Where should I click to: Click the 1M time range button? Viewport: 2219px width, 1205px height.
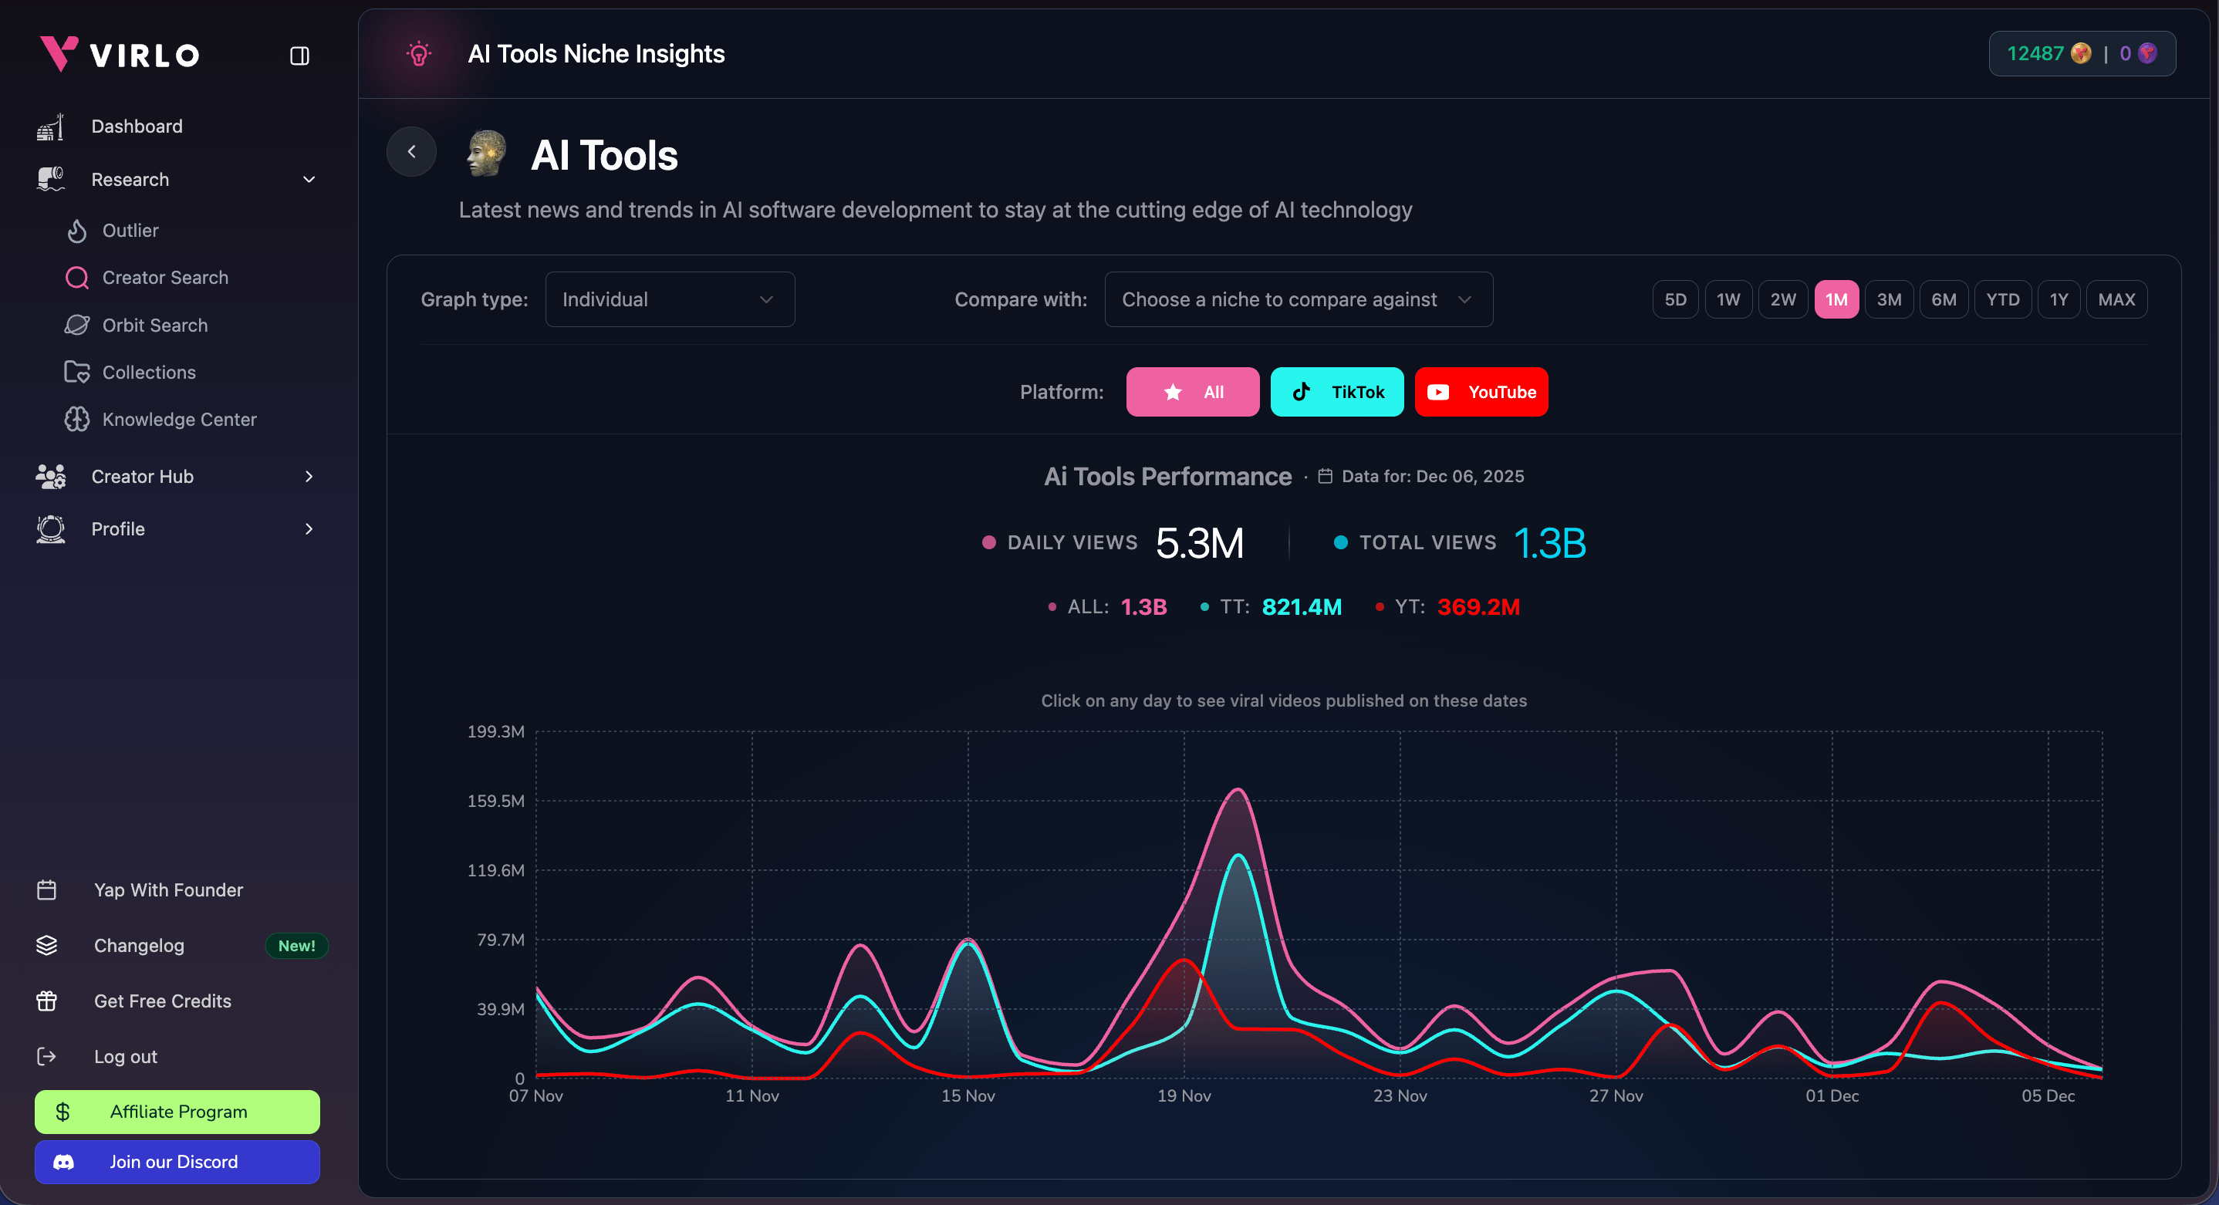click(1836, 300)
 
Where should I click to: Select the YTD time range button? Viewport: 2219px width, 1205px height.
click(2002, 300)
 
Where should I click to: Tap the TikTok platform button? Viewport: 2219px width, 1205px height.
click(1336, 392)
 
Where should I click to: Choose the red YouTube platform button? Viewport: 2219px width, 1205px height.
click(1481, 392)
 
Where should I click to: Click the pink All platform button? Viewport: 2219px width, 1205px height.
click(1192, 392)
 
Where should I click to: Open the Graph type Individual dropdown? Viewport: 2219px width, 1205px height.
click(669, 300)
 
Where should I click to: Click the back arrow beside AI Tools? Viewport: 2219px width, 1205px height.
click(412, 152)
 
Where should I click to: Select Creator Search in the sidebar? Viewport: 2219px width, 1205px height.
click(164, 278)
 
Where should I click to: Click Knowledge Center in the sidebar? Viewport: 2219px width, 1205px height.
click(179, 420)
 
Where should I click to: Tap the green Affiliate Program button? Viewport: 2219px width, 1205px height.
click(177, 1112)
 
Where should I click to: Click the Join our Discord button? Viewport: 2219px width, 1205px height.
click(177, 1162)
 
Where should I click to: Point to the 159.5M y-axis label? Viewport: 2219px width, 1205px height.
click(495, 801)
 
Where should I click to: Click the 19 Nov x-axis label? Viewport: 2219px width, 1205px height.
click(1184, 1095)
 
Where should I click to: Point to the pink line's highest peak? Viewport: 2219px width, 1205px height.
click(1238, 789)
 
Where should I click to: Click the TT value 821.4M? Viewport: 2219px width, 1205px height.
click(1301, 607)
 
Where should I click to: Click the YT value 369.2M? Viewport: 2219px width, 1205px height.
click(1478, 607)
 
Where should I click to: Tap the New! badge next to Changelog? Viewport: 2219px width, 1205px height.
click(296, 946)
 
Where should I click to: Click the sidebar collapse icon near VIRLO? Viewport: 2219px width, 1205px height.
click(300, 56)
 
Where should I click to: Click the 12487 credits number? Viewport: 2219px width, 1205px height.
click(2035, 53)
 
